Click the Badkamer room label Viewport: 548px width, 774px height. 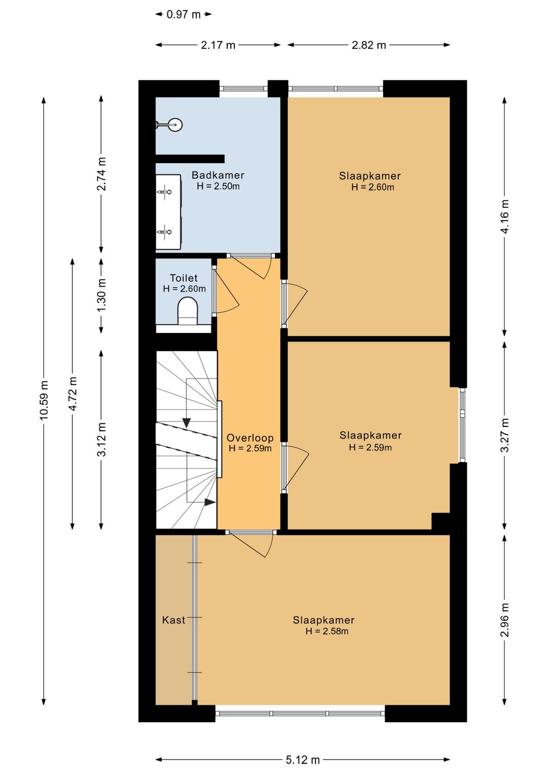218,175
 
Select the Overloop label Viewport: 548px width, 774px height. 250,438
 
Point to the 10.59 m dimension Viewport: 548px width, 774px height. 44,401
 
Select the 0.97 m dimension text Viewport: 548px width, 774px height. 183,15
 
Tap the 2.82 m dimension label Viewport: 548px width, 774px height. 368,45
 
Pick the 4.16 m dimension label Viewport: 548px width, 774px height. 504,217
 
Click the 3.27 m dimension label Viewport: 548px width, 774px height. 504,435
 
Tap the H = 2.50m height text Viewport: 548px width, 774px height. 218,186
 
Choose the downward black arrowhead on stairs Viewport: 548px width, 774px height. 186,423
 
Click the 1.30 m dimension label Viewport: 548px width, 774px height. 101,295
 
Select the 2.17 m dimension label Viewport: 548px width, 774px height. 218,45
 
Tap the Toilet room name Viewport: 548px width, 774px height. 184,278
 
